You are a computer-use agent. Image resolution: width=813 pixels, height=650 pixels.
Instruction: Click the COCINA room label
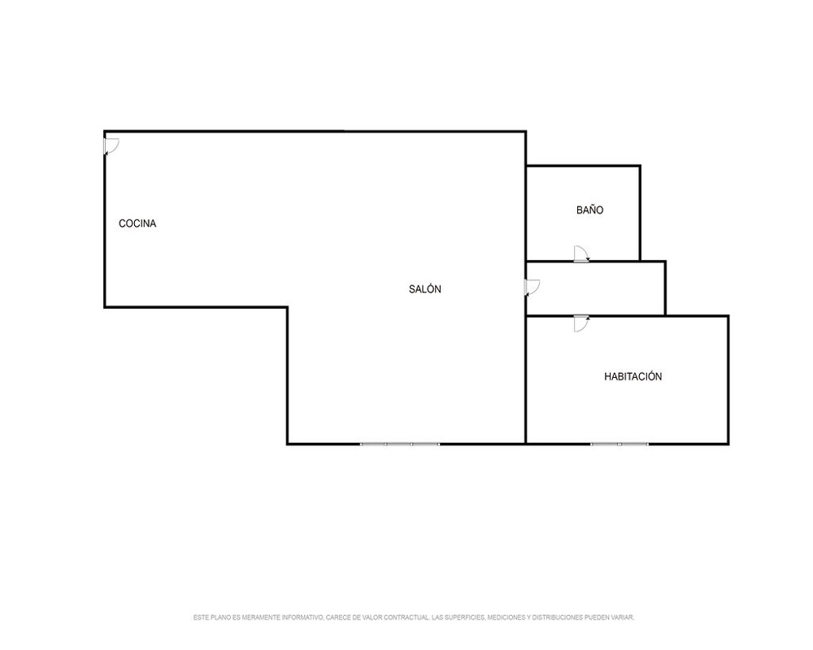coord(137,223)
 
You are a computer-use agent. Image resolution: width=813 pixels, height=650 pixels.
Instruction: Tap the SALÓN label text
coord(424,288)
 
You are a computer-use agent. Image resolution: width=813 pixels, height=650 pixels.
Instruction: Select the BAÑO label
coord(589,210)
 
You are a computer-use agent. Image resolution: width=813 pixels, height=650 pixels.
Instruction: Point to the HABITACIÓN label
coord(633,376)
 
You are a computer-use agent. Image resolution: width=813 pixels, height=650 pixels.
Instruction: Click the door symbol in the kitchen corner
coord(111,146)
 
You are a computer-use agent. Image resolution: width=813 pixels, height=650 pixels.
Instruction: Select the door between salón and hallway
coord(533,287)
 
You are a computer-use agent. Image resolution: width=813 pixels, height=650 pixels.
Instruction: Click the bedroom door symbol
coord(582,323)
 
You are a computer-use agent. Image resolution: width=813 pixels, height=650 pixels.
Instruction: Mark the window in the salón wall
coord(400,444)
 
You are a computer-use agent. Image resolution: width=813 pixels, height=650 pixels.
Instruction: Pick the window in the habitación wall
coord(620,444)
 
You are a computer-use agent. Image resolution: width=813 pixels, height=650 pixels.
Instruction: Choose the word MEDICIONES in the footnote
coord(506,617)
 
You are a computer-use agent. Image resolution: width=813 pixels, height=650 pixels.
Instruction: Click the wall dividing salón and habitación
coord(526,379)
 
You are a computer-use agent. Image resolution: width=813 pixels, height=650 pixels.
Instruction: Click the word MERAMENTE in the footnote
coord(259,617)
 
